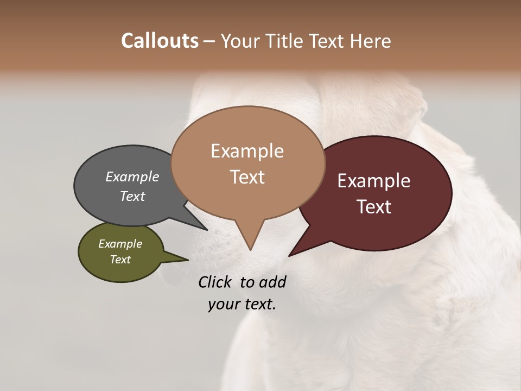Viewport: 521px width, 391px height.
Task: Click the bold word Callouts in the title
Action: pos(160,41)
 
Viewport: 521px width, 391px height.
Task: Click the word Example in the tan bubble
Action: pos(247,151)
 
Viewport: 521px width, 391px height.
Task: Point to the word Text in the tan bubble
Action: pos(247,176)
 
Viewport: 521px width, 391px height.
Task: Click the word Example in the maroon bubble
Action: pos(374,181)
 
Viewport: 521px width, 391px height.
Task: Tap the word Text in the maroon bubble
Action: pos(374,207)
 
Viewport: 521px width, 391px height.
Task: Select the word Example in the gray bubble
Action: pos(132,177)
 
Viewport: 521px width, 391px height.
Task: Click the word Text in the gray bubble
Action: pos(132,196)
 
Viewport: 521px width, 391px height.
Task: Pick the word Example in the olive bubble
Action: pos(120,244)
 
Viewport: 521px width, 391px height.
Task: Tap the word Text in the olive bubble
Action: pos(120,260)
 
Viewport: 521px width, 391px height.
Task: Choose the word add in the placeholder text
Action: pos(272,282)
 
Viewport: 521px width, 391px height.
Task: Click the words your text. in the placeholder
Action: pos(242,304)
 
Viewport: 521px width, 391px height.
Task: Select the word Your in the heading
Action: pos(241,41)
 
